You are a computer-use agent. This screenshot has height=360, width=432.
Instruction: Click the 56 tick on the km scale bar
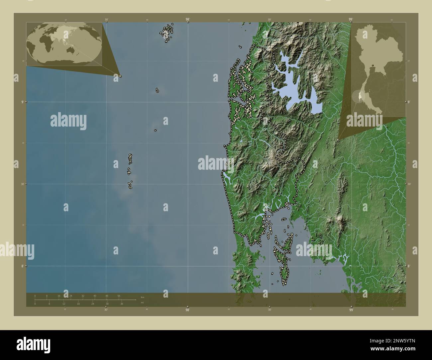[119, 296]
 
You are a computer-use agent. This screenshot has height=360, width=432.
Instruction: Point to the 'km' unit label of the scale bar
[143, 297]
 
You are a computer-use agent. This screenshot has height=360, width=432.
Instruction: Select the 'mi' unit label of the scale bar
[142, 303]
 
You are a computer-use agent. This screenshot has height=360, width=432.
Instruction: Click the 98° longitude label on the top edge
[188, 20]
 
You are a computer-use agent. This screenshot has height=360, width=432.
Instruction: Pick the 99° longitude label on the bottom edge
[351, 310]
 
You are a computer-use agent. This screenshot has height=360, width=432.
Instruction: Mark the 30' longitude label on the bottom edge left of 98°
[106, 310]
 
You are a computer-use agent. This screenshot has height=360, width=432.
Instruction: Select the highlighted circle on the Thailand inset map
[357, 96]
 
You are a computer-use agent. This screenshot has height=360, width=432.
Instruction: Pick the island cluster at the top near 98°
[167, 33]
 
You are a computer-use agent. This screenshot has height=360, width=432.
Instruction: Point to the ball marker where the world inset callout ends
[120, 76]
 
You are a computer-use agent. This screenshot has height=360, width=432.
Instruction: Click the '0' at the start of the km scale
[35, 296]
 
